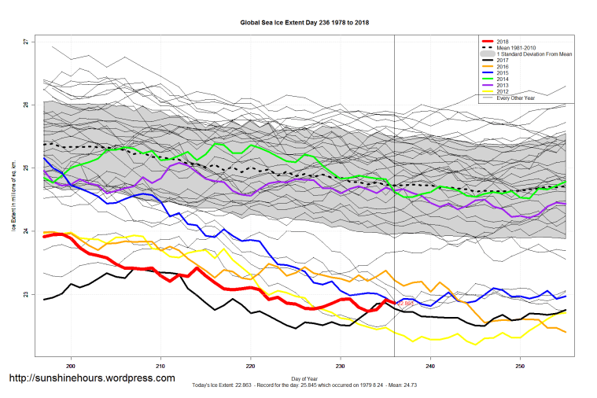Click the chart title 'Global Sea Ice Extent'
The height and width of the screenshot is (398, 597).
pyautogui.click(x=304, y=23)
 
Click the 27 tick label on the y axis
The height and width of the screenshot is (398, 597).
pyautogui.click(x=25, y=41)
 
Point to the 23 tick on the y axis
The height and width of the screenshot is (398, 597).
pyautogui.click(x=25, y=295)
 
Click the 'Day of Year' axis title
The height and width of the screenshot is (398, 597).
pyautogui.click(x=304, y=378)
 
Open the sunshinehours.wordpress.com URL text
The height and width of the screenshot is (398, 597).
pyautogui.click(x=91, y=378)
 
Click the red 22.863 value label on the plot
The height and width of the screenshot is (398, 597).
pyautogui.click(x=405, y=304)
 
